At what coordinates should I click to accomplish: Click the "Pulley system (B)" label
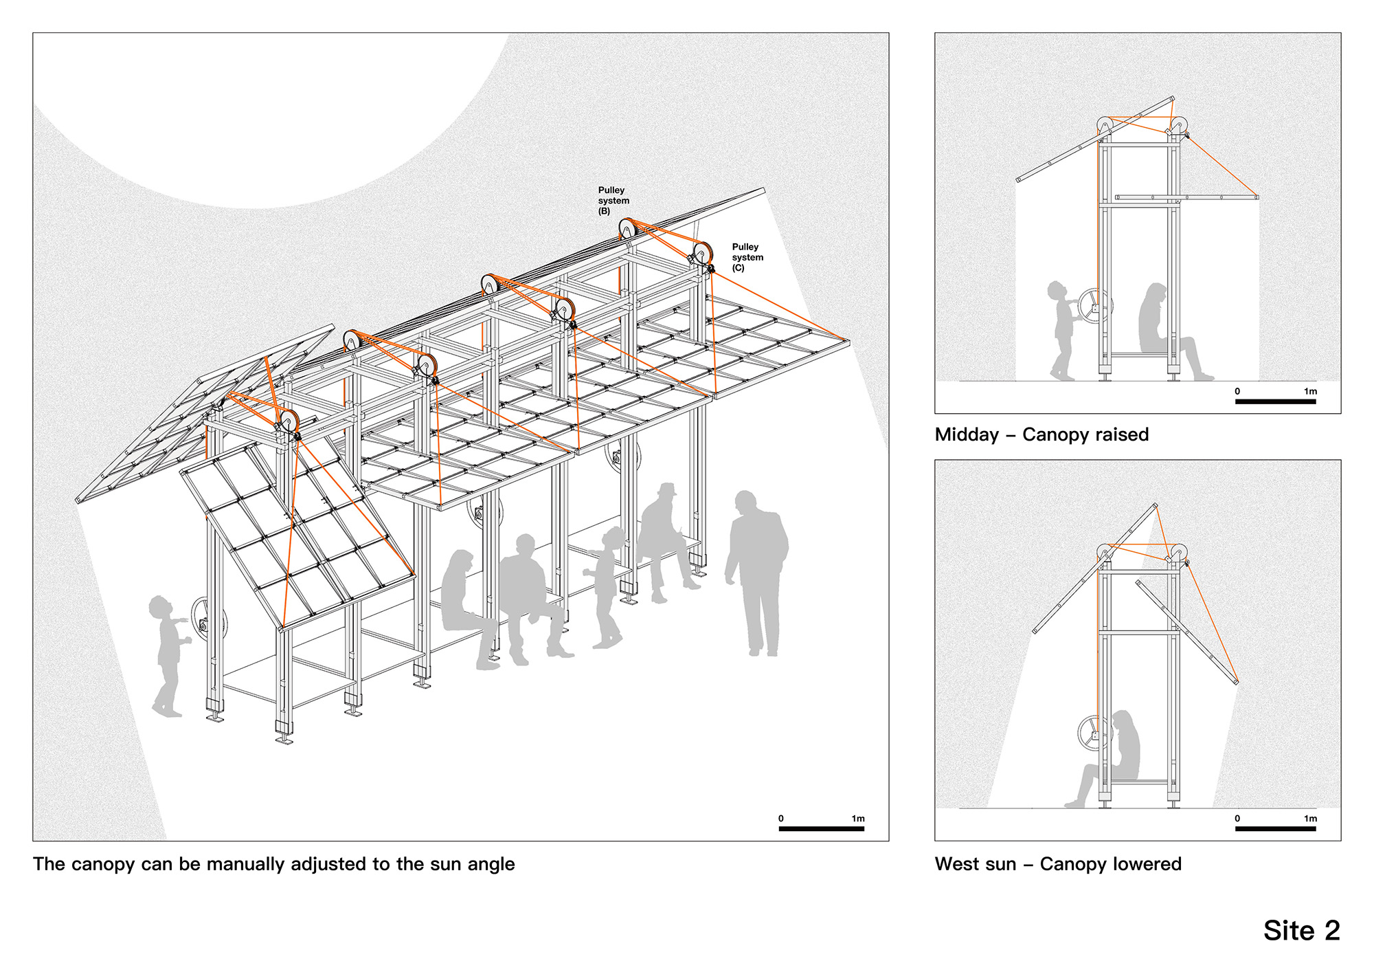click(x=613, y=201)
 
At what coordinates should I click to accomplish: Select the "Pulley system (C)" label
click(x=747, y=257)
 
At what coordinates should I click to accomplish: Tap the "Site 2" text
click(x=1301, y=930)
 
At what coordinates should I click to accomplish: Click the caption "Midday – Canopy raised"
click(x=1041, y=434)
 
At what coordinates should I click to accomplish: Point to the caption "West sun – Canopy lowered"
click(x=1058, y=864)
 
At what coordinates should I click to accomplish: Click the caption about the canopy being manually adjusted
click(x=273, y=864)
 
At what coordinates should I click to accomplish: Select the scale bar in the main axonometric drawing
click(x=821, y=829)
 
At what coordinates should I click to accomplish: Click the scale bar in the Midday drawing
click(x=1275, y=401)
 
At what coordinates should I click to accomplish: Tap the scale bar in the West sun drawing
click(x=1275, y=829)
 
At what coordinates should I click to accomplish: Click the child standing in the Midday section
click(x=1061, y=330)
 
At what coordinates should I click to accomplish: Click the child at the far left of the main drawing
click(x=167, y=653)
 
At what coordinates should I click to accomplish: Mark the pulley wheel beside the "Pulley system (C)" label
click(x=702, y=252)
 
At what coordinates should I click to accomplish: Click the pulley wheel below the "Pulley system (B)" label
click(x=627, y=228)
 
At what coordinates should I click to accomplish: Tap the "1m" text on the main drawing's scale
click(x=857, y=819)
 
